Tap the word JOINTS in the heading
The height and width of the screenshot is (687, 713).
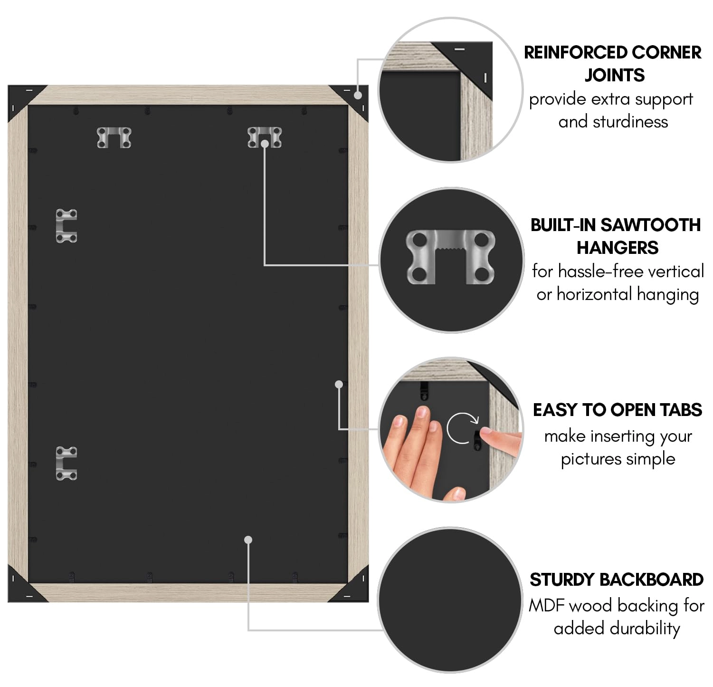click(614, 75)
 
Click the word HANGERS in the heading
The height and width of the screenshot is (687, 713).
click(618, 248)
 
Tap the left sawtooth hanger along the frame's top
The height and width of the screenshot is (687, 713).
click(114, 137)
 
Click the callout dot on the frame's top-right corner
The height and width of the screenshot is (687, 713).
click(358, 95)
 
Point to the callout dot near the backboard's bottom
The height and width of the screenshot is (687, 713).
click(248, 540)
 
